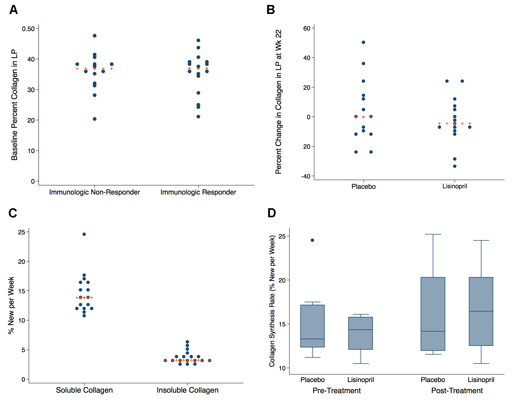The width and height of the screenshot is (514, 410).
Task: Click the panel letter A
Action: pyautogui.click(x=13, y=10)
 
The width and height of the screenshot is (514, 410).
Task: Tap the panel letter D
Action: pyautogui.click(x=272, y=213)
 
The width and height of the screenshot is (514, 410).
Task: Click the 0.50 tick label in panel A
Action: pyautogui.click(x=28, y=29)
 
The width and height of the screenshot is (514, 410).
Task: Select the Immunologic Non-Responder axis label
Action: pyautogui.click(x=94, y=192)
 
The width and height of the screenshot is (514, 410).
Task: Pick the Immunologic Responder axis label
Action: pyautogui.click(x=198, y=192)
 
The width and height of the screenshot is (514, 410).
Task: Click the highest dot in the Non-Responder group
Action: pyautogui.click(x=95, y=36)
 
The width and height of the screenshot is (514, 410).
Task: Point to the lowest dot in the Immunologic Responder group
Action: pyautogui.click(x=198, y=117)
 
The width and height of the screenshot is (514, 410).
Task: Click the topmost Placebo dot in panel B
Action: pyautogui.click(x=363, y=42)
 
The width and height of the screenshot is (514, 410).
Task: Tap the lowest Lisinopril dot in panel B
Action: pyautogui.click(x=455, y=166)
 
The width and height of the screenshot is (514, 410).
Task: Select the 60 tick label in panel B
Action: pyautogui.click(x=307, y=28)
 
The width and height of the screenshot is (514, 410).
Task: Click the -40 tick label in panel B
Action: pyautogui.click(x=306, y=176)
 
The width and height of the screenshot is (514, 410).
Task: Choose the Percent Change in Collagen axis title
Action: pyautogui.click(x=279, y=102)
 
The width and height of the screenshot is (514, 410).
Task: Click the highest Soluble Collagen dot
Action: pyautogui.click(x=84, y=234)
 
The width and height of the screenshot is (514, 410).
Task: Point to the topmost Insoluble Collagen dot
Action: pyautogui.click(x=187, y=342)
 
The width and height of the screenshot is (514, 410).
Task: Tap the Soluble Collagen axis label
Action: pyautogui.click(x=84, y=390)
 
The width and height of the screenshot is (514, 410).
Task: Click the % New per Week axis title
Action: pyautogui.click(x=11, y=305)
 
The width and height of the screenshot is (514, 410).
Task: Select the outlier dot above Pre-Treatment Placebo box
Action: pyautogui.click(x=312, y=240)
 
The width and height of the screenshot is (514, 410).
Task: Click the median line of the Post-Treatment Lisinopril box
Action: pyautogui.click(x=481, y=311)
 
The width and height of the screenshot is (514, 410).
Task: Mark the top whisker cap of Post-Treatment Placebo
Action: pyautogui.click(x=433, y=234)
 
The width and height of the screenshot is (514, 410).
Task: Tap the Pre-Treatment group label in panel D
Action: pyautogui.click(x=337, y=391)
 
